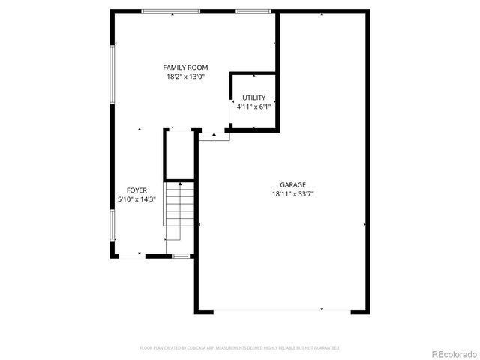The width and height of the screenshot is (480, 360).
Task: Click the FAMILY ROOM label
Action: click(185, 67)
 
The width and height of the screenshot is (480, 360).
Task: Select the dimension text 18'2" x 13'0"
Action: click(185, 76)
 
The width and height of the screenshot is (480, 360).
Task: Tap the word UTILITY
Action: click(253, 98)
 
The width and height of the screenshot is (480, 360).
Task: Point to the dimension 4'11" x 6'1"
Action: click(253, 107)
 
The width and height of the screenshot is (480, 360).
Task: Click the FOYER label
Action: click(136, 190)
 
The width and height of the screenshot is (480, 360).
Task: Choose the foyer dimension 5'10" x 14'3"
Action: click(136, 199)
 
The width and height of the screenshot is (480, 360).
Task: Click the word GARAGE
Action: click(292, 184)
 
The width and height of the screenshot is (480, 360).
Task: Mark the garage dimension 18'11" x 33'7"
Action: click(292, 193)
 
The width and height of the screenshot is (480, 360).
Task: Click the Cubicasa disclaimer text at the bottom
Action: click(240, 348)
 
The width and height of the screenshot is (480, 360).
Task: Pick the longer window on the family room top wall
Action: click(166, 11)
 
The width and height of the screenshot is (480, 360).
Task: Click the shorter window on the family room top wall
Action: click(253, 11)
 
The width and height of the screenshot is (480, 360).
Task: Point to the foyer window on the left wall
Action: click(113, 224)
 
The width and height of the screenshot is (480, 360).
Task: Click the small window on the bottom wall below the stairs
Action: click(180, 256)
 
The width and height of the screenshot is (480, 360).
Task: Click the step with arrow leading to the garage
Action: click(214, 136)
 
